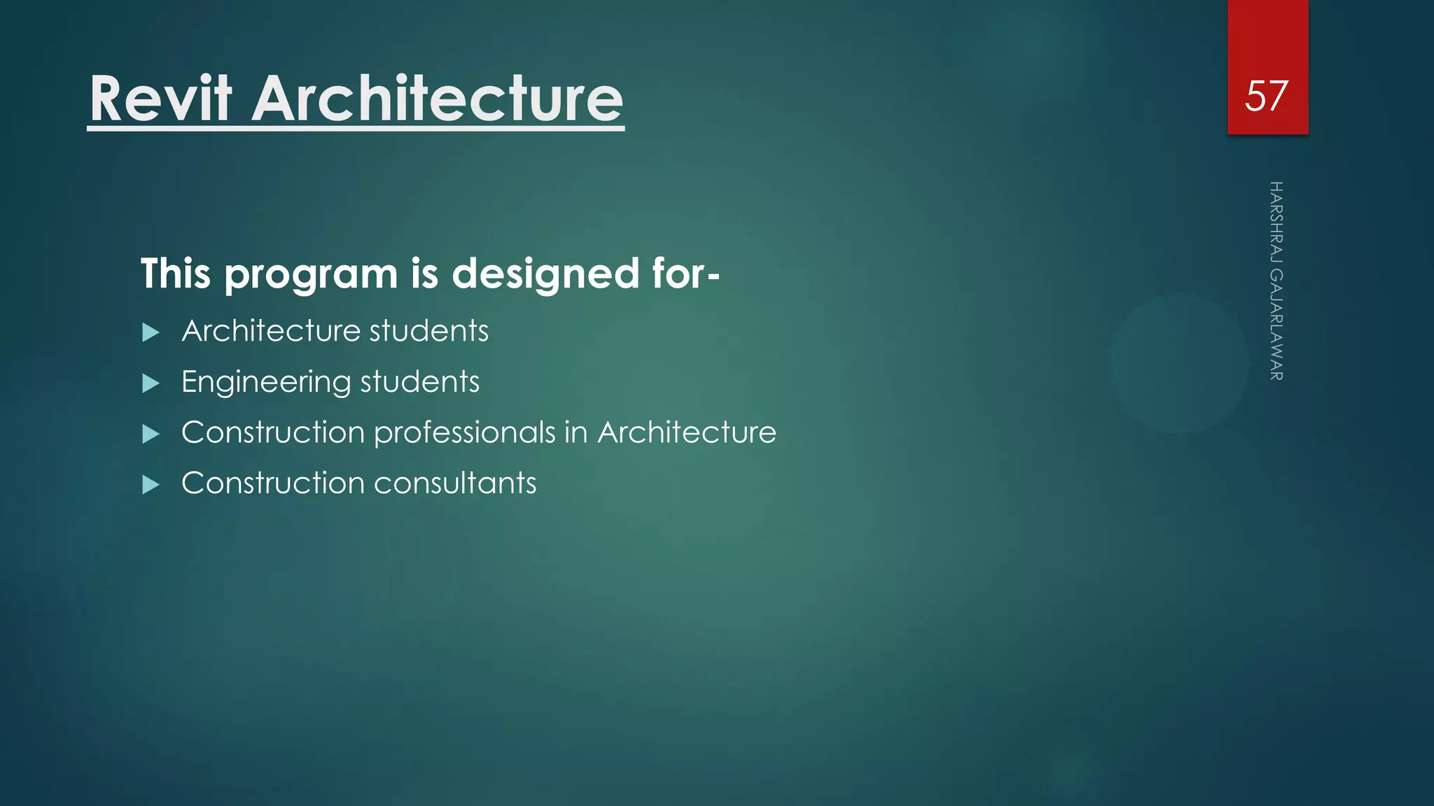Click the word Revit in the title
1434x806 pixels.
160,99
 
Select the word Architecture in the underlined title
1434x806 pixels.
437,99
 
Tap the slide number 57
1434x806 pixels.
1266,96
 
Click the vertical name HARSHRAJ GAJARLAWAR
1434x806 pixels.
1276,281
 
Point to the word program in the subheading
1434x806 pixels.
311,274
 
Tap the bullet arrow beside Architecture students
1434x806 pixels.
151,332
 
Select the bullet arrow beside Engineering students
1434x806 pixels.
151,383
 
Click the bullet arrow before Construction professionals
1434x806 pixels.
151,434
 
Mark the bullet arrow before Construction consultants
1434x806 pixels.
151,485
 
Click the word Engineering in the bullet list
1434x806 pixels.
265,383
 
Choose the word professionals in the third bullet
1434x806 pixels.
464,433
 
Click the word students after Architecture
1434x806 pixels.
429,331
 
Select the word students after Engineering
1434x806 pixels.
419,382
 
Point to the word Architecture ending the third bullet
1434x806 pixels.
686,432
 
